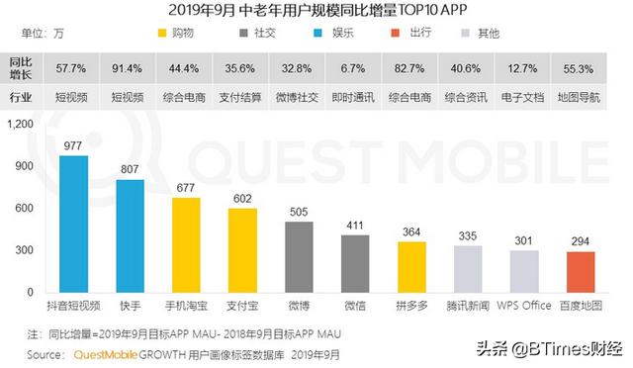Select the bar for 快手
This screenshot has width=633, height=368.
[131, 236]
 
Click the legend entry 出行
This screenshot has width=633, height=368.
[447, 33]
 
